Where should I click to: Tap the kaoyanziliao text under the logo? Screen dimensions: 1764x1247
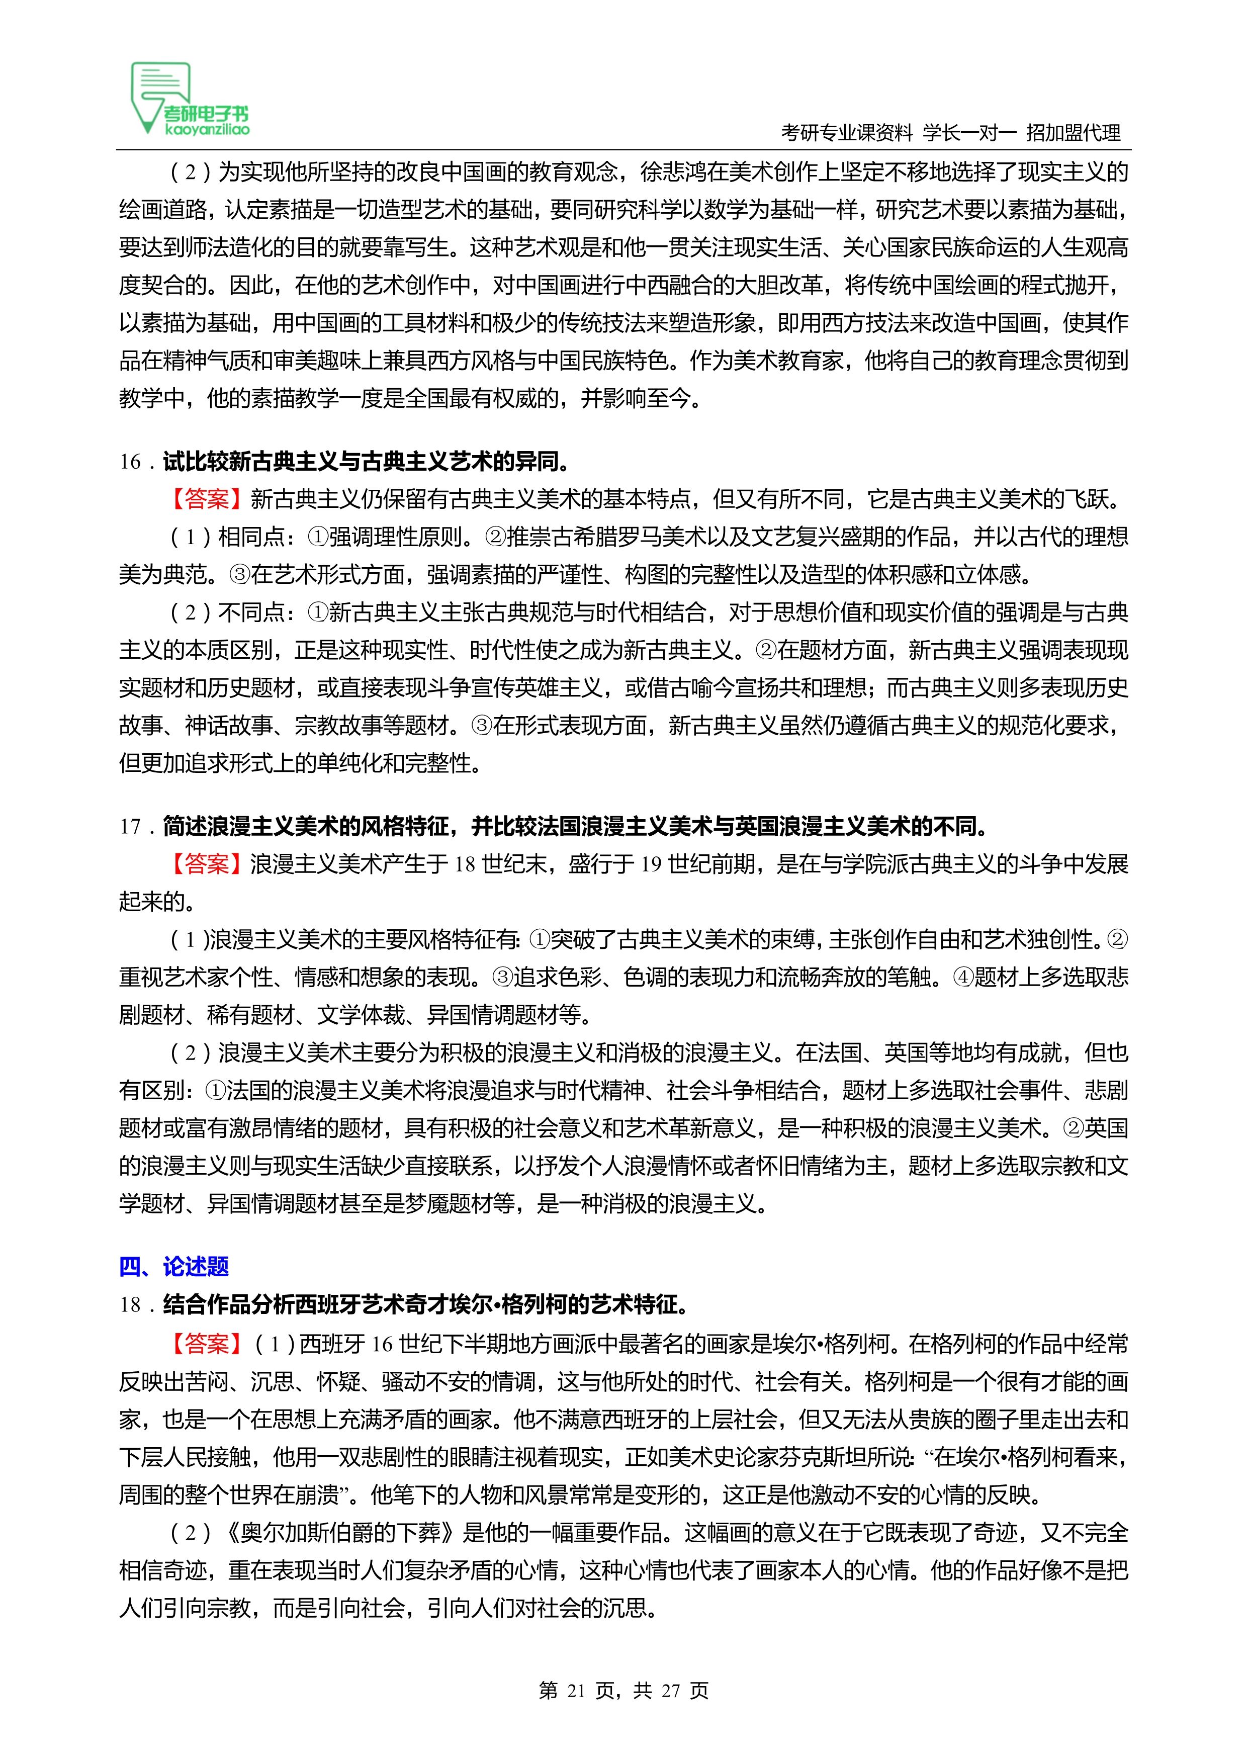pyautogui.click(x=208, y=129)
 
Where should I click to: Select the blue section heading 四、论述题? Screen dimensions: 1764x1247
pyautogui.click(x=174, y=1266)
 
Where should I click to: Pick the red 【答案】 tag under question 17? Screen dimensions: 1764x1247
pyautogui.click(x=207, y=864)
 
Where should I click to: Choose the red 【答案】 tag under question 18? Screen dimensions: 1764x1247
pyautogui.click(x=207, y=1343)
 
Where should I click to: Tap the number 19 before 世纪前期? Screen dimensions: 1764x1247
pyautogui.click(x=651, y=864)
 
